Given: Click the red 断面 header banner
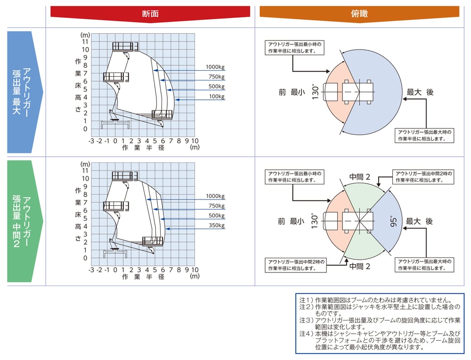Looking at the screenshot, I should click(x=150, y=14).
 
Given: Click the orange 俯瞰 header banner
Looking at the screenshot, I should click(x=359, y=14).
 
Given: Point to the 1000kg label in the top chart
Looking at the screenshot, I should click(x=215, y=67).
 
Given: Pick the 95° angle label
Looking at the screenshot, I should click(x=393, y=222).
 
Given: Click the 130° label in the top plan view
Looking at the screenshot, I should click(x=315, y=92).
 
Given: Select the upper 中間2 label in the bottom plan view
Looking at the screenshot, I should click(x=360, y=177).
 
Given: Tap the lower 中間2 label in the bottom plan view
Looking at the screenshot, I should click(x=360, y=266).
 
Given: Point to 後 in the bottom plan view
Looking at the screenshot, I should click(x=429, y=221).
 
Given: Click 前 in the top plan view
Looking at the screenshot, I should click(x=282, y=93).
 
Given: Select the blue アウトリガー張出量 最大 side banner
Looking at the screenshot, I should click(x=24, y=92).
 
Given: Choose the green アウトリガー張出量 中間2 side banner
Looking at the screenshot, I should click(x=24, y=221).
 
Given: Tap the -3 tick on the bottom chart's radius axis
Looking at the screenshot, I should click(x=92, y=270).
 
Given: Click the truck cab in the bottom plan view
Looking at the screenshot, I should click(x=333, y=221).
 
